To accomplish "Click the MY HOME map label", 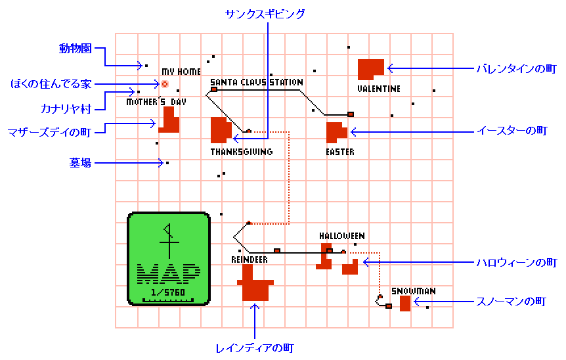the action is pyautogui.click(x=181, y=72).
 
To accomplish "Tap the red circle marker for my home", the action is pyautogui.click(x=165, y=84).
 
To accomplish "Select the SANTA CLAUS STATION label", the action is pyautogui.click(x=257, y=82).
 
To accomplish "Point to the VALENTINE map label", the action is pyautogui.click(x=379, y=89).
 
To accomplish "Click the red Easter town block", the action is pyautogui.click(x=336, y=132).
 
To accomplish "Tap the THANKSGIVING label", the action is pyautogui.click(x=242, y=152).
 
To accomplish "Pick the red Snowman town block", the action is pyautogui.click(x=405, y=304).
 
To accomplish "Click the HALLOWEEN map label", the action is pyautogui.click(x=342, y=236).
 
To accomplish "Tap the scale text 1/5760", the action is pyautogui.click(x=168, y=292).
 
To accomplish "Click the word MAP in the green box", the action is pyautogui.click(x=169, y=274).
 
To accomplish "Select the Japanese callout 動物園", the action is pyautogui.click(x=76, y=49).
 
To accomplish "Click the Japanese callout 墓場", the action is pyautogui.click(x=80, y=163).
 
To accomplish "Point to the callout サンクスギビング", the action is pyautogui.click(x=265, y=14).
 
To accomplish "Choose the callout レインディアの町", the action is pyautogui.click(x=255, y=348).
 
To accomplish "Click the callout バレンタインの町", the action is pyautogui.click(x=517, y=68).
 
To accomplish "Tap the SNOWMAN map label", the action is pyautogui.click(x=413, y=291).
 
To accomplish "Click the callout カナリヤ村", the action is pyautogui.click(x=66, y=108).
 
